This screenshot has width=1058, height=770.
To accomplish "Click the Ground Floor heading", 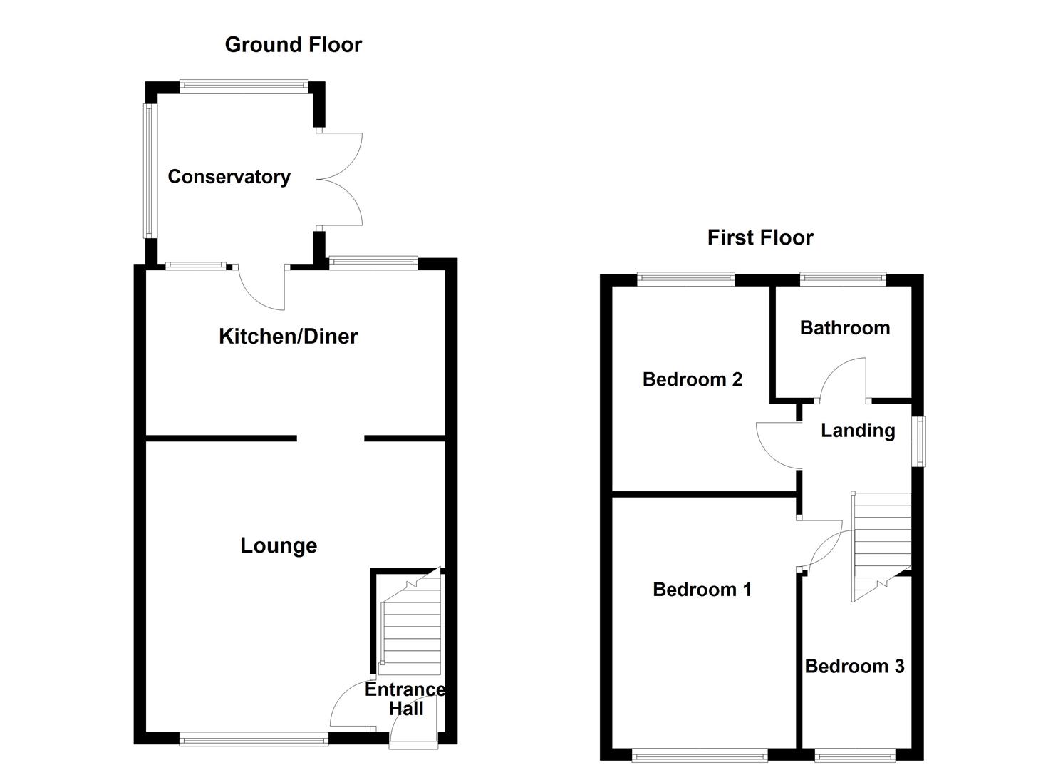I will click(x=293, y=45).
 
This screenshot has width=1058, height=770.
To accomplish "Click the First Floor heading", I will click(x=759, y=237).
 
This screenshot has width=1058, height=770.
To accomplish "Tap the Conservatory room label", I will click(x=229, y=177).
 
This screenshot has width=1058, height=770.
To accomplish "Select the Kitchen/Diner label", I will click(x=288, y=336).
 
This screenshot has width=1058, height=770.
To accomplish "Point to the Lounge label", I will click(x=279, y=545).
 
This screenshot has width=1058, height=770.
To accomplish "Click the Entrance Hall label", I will click(x=405, y=699).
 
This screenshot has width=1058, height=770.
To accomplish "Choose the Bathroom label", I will click(x=844, y=327).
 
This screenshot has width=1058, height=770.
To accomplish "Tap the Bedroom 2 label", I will click(x=692, y=379).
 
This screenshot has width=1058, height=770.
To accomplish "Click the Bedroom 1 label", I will click(x=702, y=590).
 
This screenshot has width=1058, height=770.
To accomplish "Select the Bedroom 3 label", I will click(x=854, y=666).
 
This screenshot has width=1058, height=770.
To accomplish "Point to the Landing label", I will click(x=858, y=430).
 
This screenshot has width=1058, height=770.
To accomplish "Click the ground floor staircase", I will click(x=411, y=627).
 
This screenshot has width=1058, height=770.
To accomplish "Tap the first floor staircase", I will click(x=881, y=542).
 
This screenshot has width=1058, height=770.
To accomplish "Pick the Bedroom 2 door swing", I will click(x=779, y=444).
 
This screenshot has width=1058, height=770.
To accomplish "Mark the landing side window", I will click(x=920, y=441).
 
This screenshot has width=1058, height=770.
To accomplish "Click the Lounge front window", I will click(x=254, y=740).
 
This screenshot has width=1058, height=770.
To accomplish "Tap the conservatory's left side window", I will click(x=148, y=171).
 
